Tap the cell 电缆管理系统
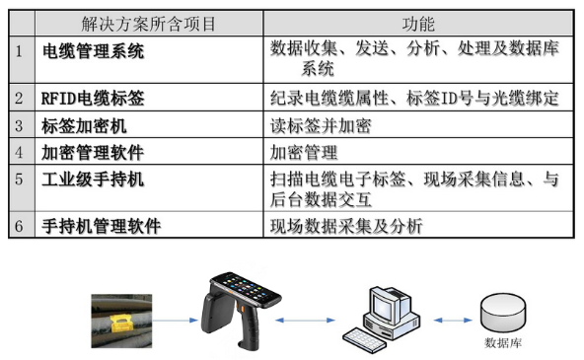coord(94,50)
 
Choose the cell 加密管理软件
coord(93,152)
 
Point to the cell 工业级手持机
coord(93,180)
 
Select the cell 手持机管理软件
coord(102,226)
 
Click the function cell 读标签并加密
coord(321,125)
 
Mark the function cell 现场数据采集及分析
coord(346,226)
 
